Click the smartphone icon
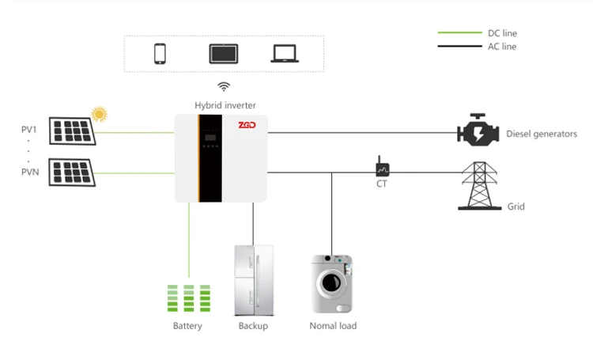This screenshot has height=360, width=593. [161, 53]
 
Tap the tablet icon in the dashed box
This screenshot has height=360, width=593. [222, 53]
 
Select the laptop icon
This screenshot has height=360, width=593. [284, 53]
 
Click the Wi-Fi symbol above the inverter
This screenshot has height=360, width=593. [224, 86]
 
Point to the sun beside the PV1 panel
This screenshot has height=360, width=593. [99, 115]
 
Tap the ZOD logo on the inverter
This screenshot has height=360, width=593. [248, 124]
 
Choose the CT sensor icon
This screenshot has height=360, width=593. [382, 169]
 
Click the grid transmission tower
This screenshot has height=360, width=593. [479, 186]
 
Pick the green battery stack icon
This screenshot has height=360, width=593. [188, 300]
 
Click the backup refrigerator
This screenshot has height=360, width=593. [253, 281]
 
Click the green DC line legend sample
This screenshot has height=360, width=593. [457, 33]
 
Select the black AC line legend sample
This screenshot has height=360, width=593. [457, 47]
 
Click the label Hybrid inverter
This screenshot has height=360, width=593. [225, 104]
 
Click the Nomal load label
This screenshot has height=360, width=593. [332, 326]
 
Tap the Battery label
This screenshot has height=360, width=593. [187, 326]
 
